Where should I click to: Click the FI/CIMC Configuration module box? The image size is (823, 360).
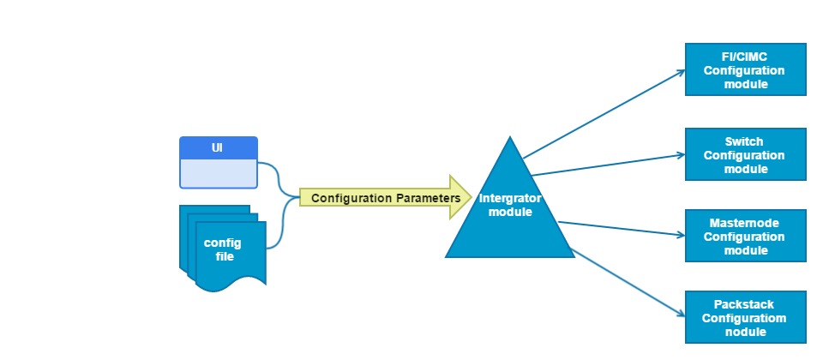(745, 69)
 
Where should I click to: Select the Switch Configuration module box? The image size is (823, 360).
(745, 155)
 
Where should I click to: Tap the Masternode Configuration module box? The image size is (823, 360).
(745, 236)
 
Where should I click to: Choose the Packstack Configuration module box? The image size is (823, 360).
(745, 317)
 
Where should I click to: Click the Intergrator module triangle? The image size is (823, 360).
(510, 219)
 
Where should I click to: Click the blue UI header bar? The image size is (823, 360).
(219, 147)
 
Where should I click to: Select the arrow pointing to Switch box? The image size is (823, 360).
(609, 165)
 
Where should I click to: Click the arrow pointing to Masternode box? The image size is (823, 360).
(622, 229)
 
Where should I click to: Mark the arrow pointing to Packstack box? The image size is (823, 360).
(626, 282)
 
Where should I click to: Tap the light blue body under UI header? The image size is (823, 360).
(219, 173)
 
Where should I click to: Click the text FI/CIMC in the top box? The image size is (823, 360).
(744, 57)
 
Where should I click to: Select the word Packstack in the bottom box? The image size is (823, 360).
(744, 304)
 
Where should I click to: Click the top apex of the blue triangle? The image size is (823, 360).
(510, 139)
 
